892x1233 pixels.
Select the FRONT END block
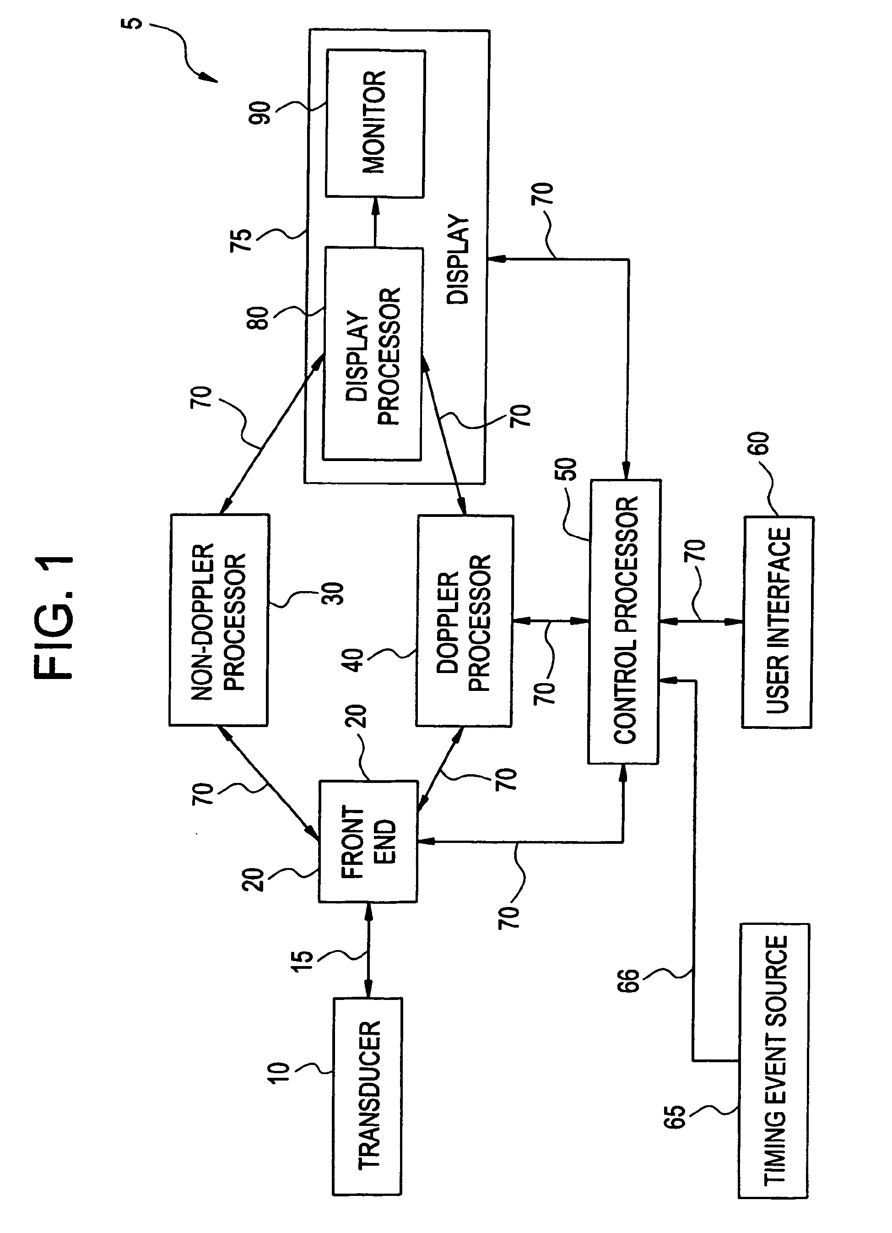368,842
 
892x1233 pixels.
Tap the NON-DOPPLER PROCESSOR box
219,620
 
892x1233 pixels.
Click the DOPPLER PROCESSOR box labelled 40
464,621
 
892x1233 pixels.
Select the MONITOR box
375,124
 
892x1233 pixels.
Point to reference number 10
280,1073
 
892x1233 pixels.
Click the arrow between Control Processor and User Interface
700,621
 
